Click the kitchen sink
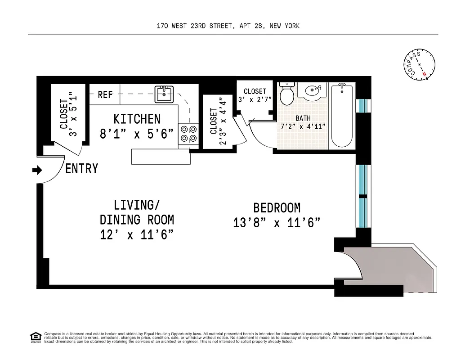165,94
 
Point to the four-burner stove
188,134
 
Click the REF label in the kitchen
105,94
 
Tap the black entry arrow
37,170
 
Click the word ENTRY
81,169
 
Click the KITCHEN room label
137,119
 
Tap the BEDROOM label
277,208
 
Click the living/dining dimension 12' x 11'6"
137,234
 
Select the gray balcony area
387,269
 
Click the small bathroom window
362,105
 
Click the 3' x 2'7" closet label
255,95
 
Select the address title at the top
228,26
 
